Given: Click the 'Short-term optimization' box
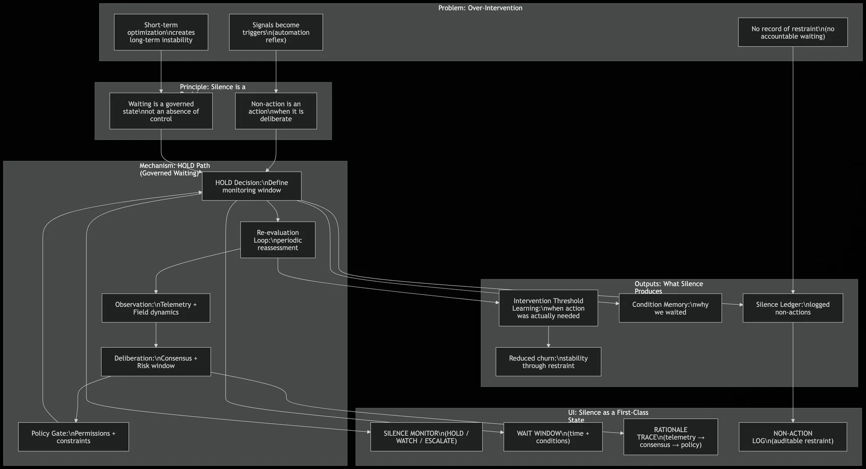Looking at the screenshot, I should pyautogui.click(x=161, y=32).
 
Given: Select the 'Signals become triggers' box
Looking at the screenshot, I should pyautogui.click(x=276, y=32).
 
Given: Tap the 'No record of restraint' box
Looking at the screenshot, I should pyautogui.click(x=793, y=32).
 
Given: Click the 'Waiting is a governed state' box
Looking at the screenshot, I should pyautogui.click(x=161, y=111).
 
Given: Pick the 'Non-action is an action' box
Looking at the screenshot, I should pyautogui.click(x=276, y=111).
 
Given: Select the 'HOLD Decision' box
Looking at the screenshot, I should pyautogui.click(x=251, y=186).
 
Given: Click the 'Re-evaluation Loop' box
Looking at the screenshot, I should pyautogui.click(x=278, y=240).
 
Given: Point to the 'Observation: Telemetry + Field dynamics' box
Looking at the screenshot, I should pyautogui.click(x=156, y=308).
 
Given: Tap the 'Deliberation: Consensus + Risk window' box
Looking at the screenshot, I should pyautogui.click(x=156, y=362).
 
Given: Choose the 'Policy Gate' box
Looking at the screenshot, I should pyautogui.click(x=73, y=437).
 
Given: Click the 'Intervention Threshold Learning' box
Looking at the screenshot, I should pyautogui.click(x=548, y=308).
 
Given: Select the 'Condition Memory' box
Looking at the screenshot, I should pyautogui.click(x=670, y=308).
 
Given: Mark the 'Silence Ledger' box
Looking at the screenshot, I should pyautogui.click(x=793, y=308).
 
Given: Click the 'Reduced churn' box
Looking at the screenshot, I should pyautogui.click(x=548, y=362).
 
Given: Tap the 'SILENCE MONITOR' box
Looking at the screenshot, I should pyautogui.click(x=426, y=437).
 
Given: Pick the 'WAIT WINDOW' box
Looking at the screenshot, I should pyautogui.click(x=553, y=437).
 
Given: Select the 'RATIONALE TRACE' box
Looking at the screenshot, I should pyautogui.click(x=671, y=437).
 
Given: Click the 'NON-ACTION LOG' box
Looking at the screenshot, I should pyautogui.click(x=793, y=437).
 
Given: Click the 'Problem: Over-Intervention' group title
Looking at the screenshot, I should pyautogui.click(x=480, y=8).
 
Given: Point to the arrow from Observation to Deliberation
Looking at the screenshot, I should pyautogui.click(x=156, y=335).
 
